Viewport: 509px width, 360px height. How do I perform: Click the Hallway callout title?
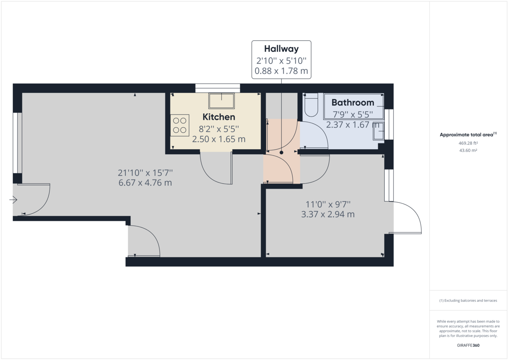pos(281,49)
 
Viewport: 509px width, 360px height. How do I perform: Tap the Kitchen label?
pos(218,117)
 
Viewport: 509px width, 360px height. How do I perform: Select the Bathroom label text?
pos(352,102)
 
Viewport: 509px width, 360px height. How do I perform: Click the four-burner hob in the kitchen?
pos(180,125)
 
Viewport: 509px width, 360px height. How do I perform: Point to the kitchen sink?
pos(221,101)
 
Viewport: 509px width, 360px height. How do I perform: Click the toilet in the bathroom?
pos(311,106)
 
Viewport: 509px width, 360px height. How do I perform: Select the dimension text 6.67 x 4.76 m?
pos(145,183)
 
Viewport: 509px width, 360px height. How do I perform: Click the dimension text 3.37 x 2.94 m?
pos(327,214)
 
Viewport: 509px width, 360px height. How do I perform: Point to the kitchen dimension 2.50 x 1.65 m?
pos(218,139)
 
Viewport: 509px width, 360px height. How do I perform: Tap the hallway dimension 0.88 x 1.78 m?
pos(281,71)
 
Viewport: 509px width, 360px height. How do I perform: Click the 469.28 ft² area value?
pos(468,143)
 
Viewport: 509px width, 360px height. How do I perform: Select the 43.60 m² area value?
pos(468,151)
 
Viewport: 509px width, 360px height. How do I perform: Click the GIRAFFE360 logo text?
pos(468,346)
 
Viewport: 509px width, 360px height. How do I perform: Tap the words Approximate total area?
pos(466,135)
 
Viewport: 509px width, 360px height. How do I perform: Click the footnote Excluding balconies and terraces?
pos(468,300)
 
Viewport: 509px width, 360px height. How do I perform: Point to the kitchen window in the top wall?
pos(218,88)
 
